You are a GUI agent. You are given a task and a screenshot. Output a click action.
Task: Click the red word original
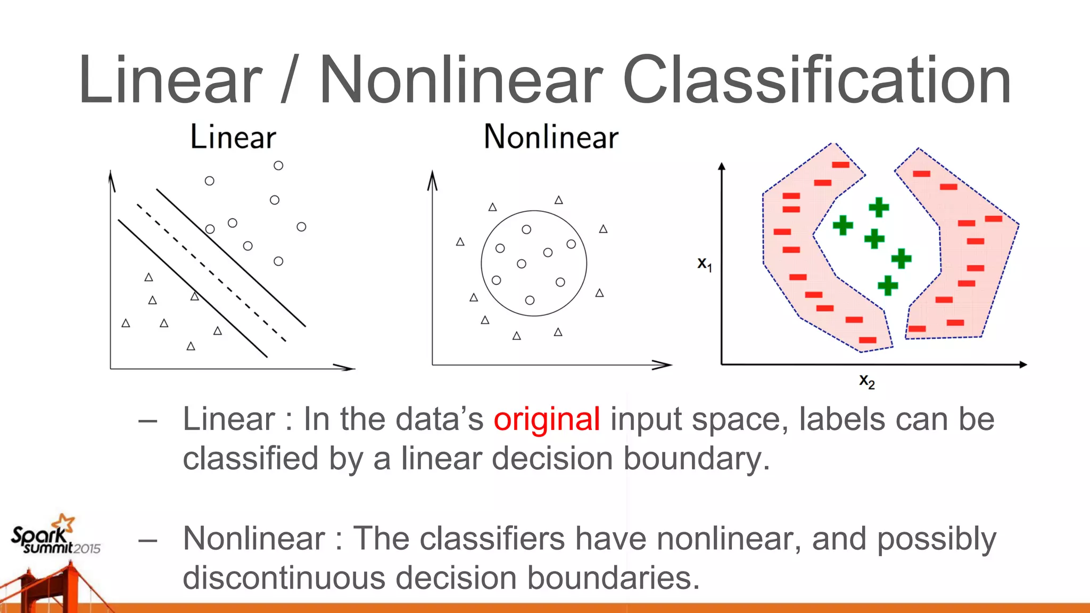pos(547,419)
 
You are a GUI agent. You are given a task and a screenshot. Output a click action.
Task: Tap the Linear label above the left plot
pos(233,137)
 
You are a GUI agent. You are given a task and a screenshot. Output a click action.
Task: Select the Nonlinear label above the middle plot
pos(551,137)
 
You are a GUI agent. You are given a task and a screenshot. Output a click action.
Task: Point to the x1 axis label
pos(705,264)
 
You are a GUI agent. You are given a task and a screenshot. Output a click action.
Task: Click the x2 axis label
pos(866,381)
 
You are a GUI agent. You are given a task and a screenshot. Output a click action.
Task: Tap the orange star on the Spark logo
pos(66,521)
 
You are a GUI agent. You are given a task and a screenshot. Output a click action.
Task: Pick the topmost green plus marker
pos(879,207)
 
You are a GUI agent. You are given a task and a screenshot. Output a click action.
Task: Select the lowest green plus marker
pos(888,286)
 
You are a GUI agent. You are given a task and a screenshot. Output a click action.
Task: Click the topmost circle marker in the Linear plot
pos(278,165)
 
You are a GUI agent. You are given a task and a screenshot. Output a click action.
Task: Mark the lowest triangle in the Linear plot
pos(191,346)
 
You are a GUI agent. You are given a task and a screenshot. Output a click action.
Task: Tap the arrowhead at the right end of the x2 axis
pos(1023,365)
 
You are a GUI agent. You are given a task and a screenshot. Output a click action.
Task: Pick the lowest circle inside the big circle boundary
pos(530,300)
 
